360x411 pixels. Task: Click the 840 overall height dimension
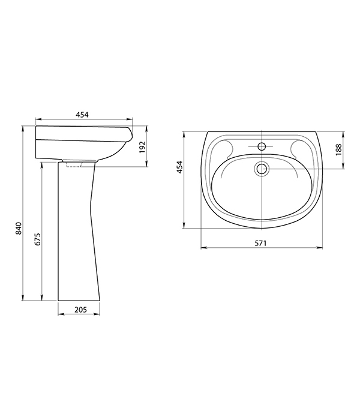[19, 229]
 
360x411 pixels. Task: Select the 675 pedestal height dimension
[37, 239]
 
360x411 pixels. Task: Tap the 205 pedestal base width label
[80, 310]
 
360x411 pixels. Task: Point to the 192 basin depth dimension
[142, 148]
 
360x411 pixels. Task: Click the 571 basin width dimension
[260, 243]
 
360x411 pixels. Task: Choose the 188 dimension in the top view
[339, 149]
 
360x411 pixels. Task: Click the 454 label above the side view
[82, 115]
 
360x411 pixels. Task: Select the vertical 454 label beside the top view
[179, 167]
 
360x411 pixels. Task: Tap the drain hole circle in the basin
[262, 169]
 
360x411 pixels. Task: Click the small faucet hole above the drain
[262, 146]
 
